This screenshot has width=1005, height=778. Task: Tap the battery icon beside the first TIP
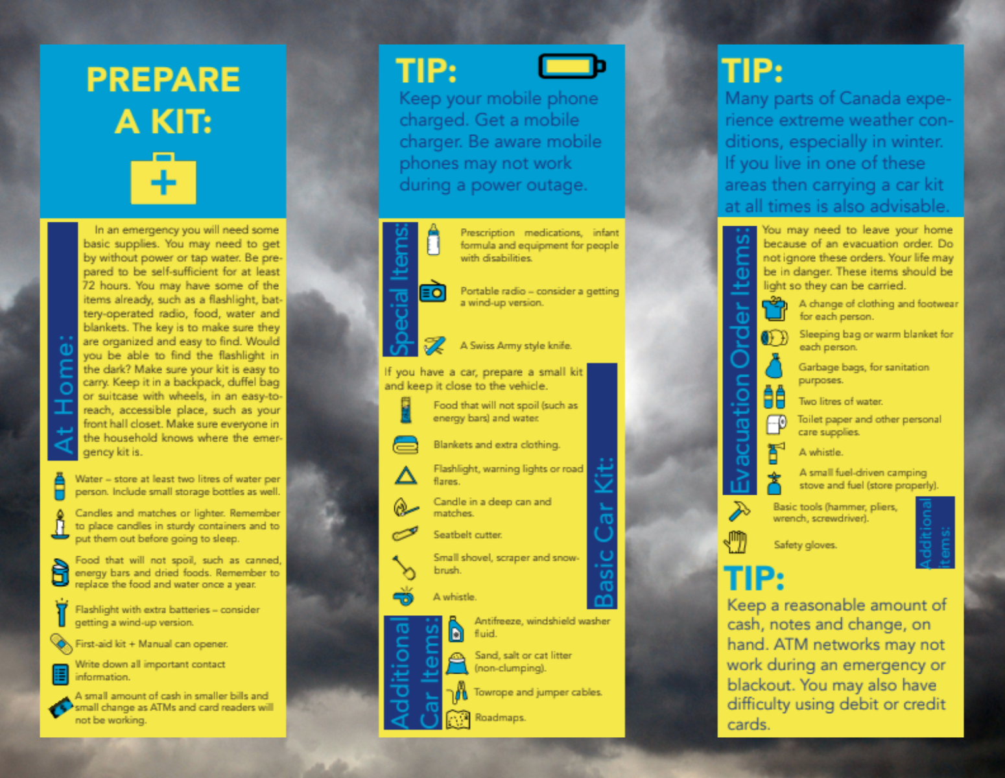pyautogui.click(x=572, y=67)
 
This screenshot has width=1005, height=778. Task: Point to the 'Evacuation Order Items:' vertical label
pyautogui.click(x=740, y=360)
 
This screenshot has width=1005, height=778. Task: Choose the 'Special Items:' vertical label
pyautogui.click(x=400, y=289)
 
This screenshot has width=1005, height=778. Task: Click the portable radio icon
pyautogui.click(x=432, y=291)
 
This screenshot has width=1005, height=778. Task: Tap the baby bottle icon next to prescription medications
pyautogui.click(x=433, y=239)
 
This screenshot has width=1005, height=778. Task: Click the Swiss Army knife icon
pyautogui.click(x=434, y=346)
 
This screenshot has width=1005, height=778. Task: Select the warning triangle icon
pyautogui.click(x=406, y=476)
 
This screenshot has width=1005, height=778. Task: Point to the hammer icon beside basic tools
pyautogui.click(x=739, y=511)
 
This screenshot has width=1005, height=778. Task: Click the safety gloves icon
pyautogui.click(x=736, y=542)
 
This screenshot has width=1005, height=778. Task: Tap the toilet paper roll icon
pyautogui.click(x=776, y=425)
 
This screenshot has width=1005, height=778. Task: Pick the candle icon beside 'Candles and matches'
pyautogui.click(x=60, y=525)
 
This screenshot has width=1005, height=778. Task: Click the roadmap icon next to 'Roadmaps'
pyautogui.click(x=458, y=719)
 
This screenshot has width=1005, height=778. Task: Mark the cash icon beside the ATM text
pyautogui.click(x=62, y=708)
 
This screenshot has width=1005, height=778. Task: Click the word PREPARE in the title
pyautogui.click(x=163, y=80)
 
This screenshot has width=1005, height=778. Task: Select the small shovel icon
pyautogui.click(x=404, y=568)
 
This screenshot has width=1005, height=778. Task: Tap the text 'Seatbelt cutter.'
pyautogui.click(x=467, y=535)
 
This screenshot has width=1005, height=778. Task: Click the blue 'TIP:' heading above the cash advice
pyautogui.click(x=754, y=578)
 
